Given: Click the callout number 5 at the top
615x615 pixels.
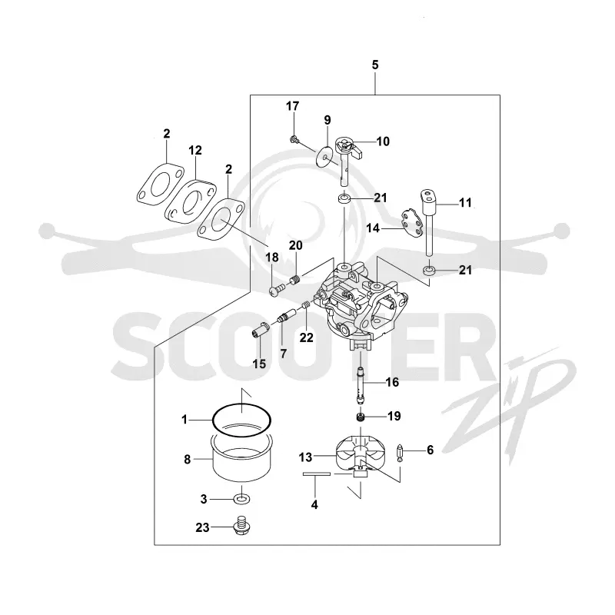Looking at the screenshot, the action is (x=375, y=65).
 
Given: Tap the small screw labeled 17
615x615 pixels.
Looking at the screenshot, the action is (x=294, y=138).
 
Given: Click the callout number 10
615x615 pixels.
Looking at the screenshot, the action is (x=383, y=141).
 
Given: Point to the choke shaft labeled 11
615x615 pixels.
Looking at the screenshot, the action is (x=429, y=223).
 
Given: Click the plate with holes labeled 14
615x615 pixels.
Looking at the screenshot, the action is (x=412, y=224).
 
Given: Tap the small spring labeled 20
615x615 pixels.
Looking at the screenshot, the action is (x=296, y=280).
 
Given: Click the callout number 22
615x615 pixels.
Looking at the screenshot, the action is (x=307, y=337).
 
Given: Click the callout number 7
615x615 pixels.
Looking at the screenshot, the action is (x=283, y=354).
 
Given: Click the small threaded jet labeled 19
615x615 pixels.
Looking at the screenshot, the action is (x=361, y=417).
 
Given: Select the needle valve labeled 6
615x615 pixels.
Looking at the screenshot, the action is (x=400, y=452).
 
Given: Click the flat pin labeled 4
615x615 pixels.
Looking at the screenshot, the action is (x=317, y=474).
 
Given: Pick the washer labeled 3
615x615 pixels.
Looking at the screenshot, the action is (x=242, y=499).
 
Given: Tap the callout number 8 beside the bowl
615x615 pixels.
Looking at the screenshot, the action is (x=187, y=459).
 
